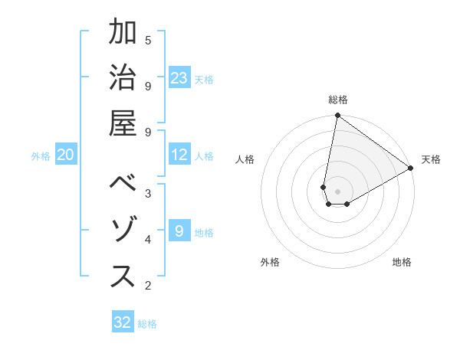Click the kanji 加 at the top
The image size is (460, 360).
[x=123, y=33]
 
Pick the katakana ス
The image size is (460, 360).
[x=123, y=277]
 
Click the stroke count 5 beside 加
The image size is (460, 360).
[x=148, y=40]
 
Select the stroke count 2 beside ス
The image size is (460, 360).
[x=148, y=286]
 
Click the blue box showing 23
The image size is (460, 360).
[x=179, y=78]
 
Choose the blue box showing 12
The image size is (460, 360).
[x=179, y=155]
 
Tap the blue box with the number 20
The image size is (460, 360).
[x=66, y=155]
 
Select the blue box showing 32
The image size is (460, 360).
[x=123, y=322]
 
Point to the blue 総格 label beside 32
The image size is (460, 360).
[x=147, y=324]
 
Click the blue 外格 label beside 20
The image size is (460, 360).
[x=41, y=156]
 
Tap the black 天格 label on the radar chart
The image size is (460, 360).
[x=431, y=159]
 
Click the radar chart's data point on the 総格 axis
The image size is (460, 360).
[x=337, y=116]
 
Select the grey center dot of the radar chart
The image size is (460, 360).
[x=337, y=191]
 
